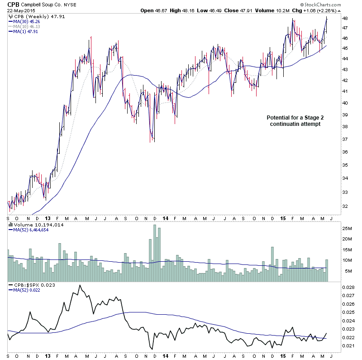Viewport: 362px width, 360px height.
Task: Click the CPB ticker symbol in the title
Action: pos(13,5)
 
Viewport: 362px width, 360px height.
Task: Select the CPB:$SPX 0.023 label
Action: pos(30,284)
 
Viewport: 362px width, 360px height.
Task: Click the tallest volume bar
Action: pos(155,254)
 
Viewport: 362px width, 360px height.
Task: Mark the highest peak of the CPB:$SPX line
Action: pos(80,285)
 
